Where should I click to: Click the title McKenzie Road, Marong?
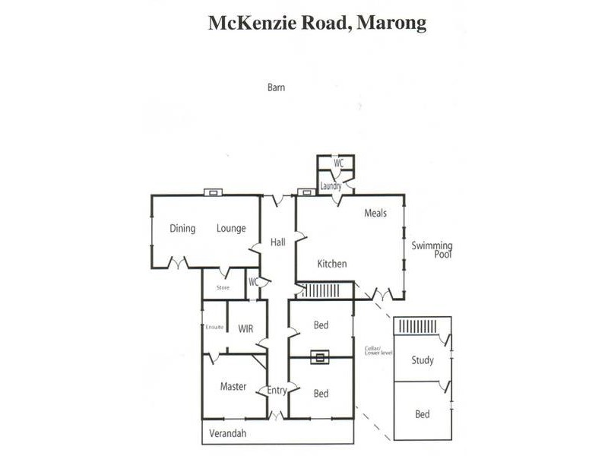coord(317,23)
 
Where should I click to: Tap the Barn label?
coord(276,87)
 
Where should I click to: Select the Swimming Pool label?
coord(432,250)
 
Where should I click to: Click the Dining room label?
coord(182,228)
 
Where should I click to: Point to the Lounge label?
coord(231,228)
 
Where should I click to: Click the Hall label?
coord(278,242)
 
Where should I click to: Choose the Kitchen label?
coord(332,264)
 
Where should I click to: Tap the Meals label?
coord(375,214)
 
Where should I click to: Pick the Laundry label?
coord(330,185)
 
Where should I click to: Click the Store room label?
coord(223,287)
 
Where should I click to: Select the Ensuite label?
coord(214,327)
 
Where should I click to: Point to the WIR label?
coord(245,329)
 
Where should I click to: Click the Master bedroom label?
coord(233,386)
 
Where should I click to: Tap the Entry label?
coord(277,391)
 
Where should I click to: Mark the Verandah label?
coord(230,433)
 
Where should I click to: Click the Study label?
coord(423,360)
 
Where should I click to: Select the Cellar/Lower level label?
coord(377,350)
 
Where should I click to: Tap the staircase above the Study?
coord(420,326)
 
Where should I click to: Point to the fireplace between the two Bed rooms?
coord(321,356)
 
